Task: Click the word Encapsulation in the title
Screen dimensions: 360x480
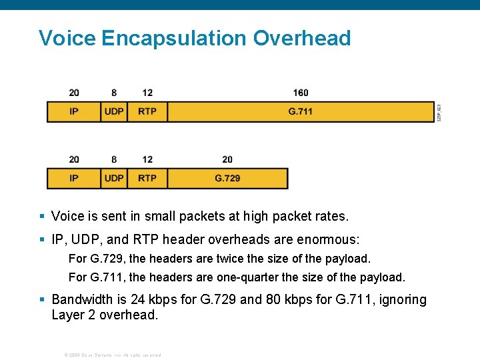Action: point(174,38)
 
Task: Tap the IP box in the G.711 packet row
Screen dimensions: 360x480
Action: point(73,111)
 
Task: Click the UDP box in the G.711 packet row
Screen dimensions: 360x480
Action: point(114,111)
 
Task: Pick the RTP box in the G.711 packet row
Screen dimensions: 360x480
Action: point(147,111)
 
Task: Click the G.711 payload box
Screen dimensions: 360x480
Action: point(300,111)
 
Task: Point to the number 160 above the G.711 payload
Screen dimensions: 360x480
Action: point(301,93)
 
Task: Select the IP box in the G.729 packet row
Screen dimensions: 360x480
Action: point(73,178)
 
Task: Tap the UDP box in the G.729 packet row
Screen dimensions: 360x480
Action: point(114,178)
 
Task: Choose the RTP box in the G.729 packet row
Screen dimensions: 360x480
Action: point(147,178)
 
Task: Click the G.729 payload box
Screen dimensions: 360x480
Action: point(227,178)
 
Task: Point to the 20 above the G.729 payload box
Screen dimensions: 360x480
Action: point(227,159)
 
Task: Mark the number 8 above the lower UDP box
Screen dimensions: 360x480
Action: point(114,159)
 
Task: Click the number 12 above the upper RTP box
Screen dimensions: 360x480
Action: point(147,93)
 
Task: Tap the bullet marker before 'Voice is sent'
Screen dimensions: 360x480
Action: point(42,216)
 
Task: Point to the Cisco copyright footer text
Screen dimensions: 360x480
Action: point(111,355)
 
